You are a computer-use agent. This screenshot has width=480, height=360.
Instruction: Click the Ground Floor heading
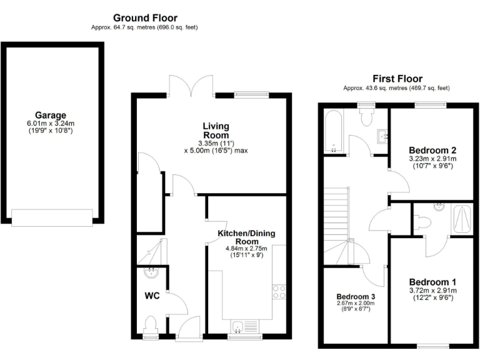pos(145,18)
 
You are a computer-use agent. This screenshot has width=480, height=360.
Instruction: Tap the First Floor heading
pos(397,78)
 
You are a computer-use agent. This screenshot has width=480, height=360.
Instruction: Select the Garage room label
pos(51,116)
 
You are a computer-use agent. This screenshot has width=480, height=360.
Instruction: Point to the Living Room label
pos(216,130)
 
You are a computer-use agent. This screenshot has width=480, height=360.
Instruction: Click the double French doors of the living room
pos(191,86)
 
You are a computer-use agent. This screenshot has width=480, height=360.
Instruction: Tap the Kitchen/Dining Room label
pos(246,237)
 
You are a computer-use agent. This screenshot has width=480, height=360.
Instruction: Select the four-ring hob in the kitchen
pos(279,292)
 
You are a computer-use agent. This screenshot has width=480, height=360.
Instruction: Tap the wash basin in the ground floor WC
pos(150,272)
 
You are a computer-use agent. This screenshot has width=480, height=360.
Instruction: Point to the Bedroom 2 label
pos(431,150)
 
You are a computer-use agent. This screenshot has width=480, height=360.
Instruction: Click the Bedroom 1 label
pos(431,282)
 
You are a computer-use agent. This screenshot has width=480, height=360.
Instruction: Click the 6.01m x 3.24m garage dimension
pos(51,124)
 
